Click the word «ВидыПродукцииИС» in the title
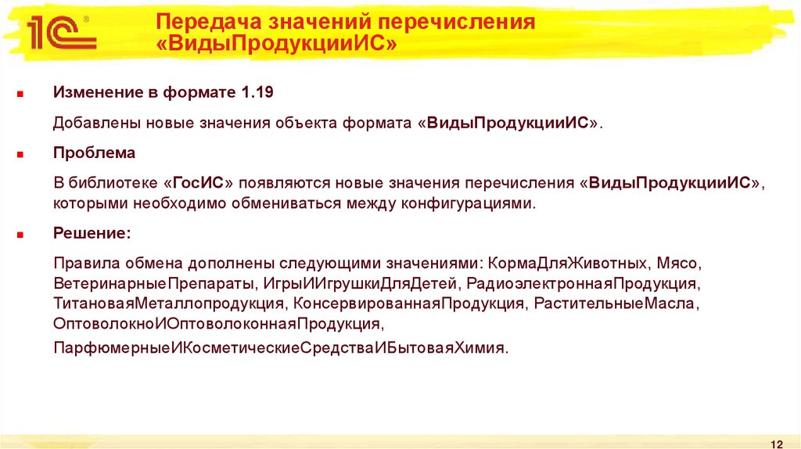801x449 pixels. coord(277,45)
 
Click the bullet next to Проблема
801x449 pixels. coord(21,154)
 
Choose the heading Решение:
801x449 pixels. coord(92,233)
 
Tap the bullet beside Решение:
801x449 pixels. coord(21,234)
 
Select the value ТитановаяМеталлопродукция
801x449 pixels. coord(168,303)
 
